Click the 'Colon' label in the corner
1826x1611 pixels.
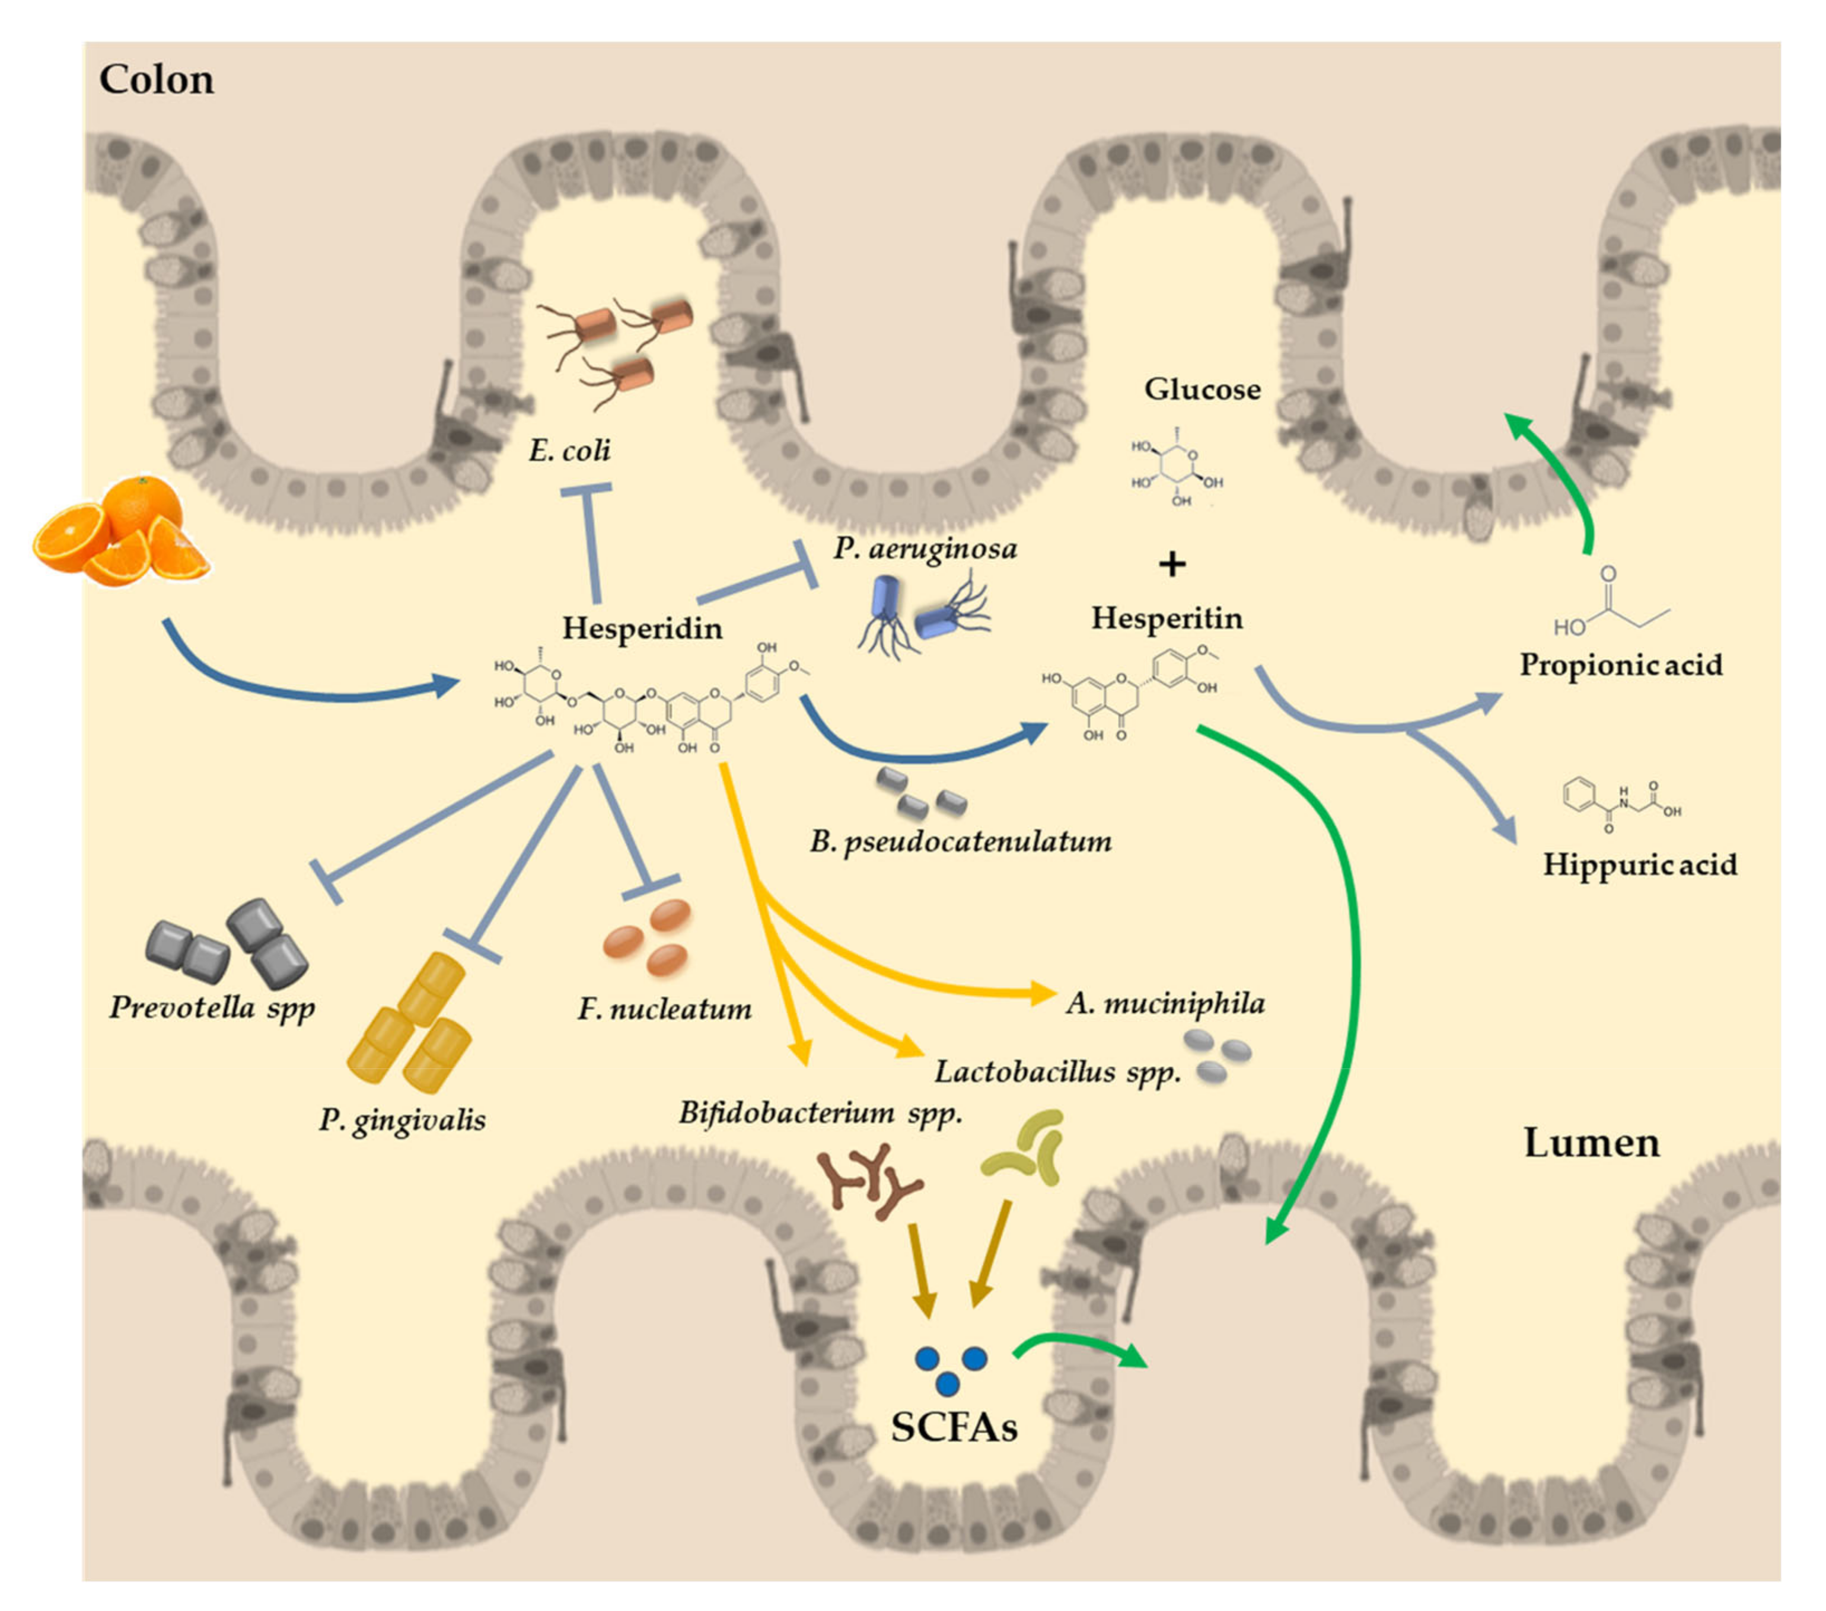point(157,79)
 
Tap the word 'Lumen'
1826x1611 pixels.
point(1591,1143)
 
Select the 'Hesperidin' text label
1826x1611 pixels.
point(642,628)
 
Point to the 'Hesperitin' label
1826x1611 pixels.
point(1167,618)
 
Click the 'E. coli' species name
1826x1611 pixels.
point(569,450)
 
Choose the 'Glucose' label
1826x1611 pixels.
point(1203,390)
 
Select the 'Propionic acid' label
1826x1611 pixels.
point(1621,665)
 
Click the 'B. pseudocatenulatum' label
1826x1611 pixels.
point(960,841)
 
